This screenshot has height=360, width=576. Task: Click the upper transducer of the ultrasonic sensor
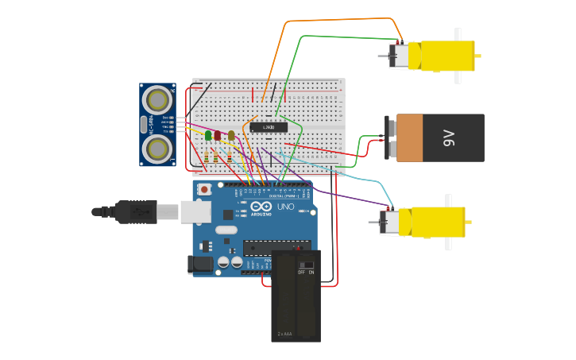click(157, 100)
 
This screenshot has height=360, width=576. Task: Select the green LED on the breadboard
click(208, 135)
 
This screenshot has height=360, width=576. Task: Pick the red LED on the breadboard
click(218, 135)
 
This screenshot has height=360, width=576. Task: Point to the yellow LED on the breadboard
click(231, 135)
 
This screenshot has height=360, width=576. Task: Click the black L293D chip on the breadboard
click(269, 127)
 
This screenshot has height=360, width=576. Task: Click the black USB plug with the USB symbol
click(136, 212)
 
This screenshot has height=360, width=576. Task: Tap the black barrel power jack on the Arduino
click(200, 264)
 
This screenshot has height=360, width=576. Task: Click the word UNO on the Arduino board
click(285, 207)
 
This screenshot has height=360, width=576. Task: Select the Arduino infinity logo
click(261, 205)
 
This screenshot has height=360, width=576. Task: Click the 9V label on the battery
click(449, 137)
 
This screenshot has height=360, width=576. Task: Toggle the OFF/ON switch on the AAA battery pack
click(305, 265)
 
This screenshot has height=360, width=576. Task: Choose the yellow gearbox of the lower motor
click(438, 222)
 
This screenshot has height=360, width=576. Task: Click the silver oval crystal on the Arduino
click(226, 230)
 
